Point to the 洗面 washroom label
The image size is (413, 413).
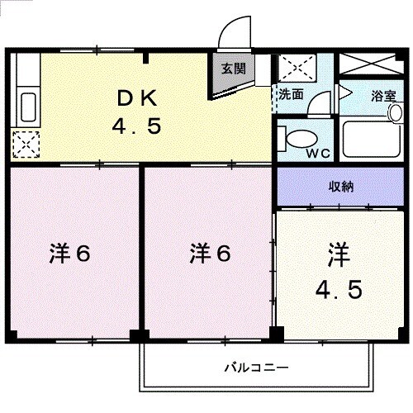tap(290, 94)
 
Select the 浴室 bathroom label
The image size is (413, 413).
tap(382, 95)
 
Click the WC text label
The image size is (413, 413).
tap(319, 153)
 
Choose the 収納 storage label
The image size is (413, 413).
tap(339, 186)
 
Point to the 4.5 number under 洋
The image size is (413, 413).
tap(338, 290)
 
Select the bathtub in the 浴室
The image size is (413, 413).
tap(371, 138)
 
